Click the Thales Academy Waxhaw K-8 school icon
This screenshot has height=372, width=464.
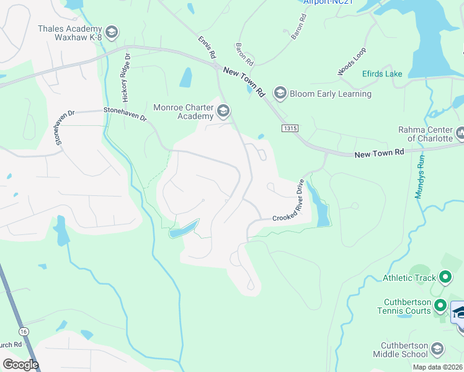coord(112,32)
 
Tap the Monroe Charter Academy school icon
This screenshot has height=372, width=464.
coord(223,112)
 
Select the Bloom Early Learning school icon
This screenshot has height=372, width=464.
coord(279,94)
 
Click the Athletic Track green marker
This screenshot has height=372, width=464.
coord(445,277)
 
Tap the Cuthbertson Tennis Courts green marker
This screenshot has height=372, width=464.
coord(440,305)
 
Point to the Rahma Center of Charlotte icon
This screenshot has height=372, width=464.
coord(460,133)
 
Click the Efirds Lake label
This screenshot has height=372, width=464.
coord(382,74)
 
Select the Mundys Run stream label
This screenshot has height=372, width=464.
coord(420,176)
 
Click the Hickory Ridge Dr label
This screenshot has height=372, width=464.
coord(126,77)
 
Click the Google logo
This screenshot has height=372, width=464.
coord(20,365)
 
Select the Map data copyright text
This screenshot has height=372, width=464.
coord(437,367)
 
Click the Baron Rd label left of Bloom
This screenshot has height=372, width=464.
coord(244,55)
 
